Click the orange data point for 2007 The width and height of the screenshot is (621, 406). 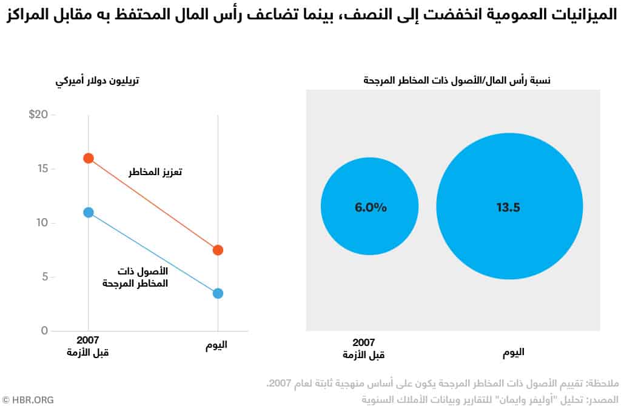89,158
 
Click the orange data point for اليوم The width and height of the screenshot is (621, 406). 218,250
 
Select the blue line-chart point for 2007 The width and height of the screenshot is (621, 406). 89,212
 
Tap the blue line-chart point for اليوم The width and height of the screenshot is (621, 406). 218,293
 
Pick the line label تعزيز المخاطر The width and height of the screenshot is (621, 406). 155,172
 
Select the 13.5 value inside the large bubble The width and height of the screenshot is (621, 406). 508,207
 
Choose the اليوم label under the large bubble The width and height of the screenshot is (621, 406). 513,352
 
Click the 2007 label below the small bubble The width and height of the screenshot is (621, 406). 363,342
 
